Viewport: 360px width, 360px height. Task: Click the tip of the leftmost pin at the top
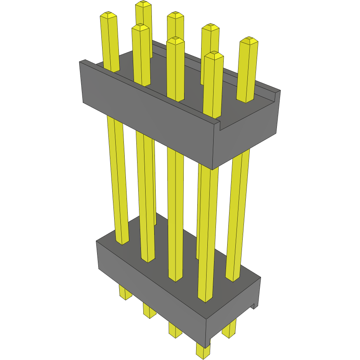(x=109, y=16)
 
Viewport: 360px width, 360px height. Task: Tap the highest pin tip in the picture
(x=143, y=4)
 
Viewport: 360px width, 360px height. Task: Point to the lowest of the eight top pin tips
(x=214, y=56)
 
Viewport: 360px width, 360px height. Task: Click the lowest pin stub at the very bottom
(x=203, y=351)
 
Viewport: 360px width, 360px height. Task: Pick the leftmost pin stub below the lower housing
(x=125, y=293)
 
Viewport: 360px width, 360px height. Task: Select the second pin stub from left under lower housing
(x=149, y=310)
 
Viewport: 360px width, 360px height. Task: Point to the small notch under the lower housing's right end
(x=255, y=306)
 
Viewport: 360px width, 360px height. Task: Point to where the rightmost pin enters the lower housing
(x=233, y=278)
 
